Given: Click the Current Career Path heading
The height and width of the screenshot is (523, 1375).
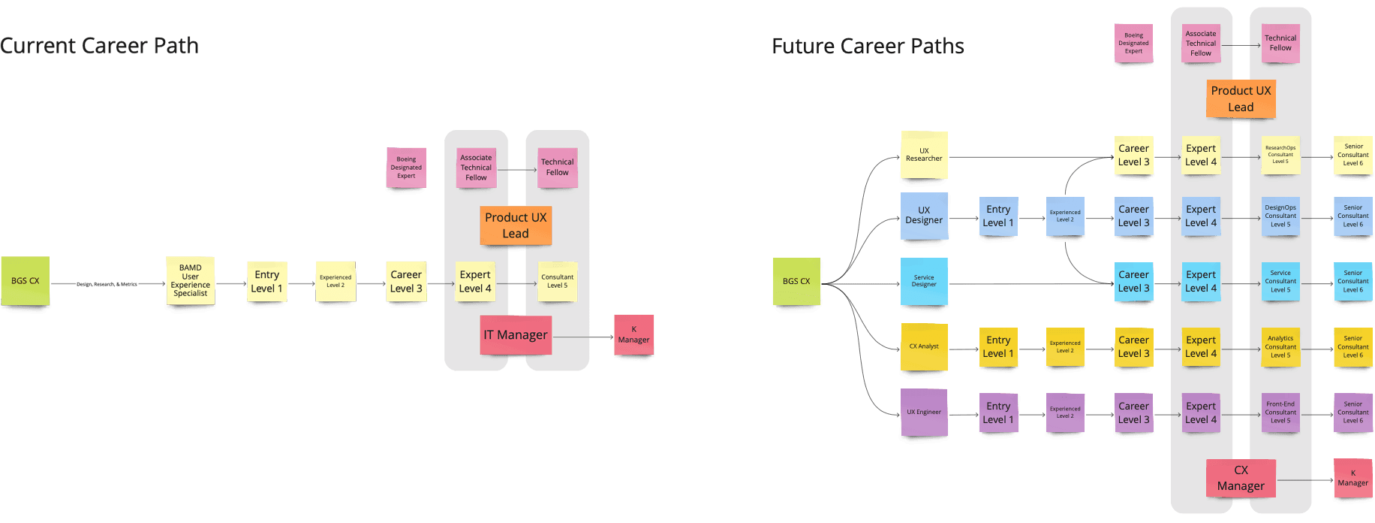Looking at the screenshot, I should [x=99, y=46].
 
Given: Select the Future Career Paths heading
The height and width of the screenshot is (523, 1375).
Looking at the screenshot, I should [x=868, y=47].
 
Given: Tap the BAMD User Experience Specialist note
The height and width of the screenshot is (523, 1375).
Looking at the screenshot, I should [x=190, y=280].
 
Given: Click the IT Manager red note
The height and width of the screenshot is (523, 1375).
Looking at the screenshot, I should [x=516, y=334].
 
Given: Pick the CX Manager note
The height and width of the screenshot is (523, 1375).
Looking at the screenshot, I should [x=1241, y=478].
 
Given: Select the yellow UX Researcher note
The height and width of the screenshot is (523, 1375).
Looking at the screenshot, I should [x=924, y=155].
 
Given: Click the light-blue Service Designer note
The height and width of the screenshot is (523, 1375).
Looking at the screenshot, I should [x=924, y=281].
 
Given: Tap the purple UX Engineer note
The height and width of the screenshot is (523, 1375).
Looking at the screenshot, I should [x=923, y=412].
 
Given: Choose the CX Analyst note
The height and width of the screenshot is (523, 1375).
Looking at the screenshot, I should [x=924, y=346].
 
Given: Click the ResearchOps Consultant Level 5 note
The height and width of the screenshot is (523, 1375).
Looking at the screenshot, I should [x=1280, y=155].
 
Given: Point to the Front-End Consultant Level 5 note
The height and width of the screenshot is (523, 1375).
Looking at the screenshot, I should [x=1280, y=412].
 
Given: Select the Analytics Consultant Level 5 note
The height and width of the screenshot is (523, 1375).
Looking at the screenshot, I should [x=1280, y=346].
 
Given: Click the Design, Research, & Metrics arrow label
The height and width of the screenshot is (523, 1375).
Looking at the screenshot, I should [x=107, y=284].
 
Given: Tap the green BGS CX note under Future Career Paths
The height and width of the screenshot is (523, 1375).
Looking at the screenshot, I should [x=796, y=281].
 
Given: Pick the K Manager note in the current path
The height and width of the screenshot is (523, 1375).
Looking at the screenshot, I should [x=633, y=334].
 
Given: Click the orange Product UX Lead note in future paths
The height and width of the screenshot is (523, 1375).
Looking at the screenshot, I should [x=1241, y=98].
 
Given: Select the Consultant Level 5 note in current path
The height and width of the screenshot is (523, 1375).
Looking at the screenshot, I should [x=557, y=281].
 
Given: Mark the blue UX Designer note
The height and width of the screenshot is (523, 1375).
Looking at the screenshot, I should [x=924, y=216].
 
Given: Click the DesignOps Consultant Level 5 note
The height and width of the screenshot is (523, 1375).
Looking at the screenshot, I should [x=1280, y=216].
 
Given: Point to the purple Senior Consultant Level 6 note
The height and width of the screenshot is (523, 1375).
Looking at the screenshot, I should [x=1352, y=412].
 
